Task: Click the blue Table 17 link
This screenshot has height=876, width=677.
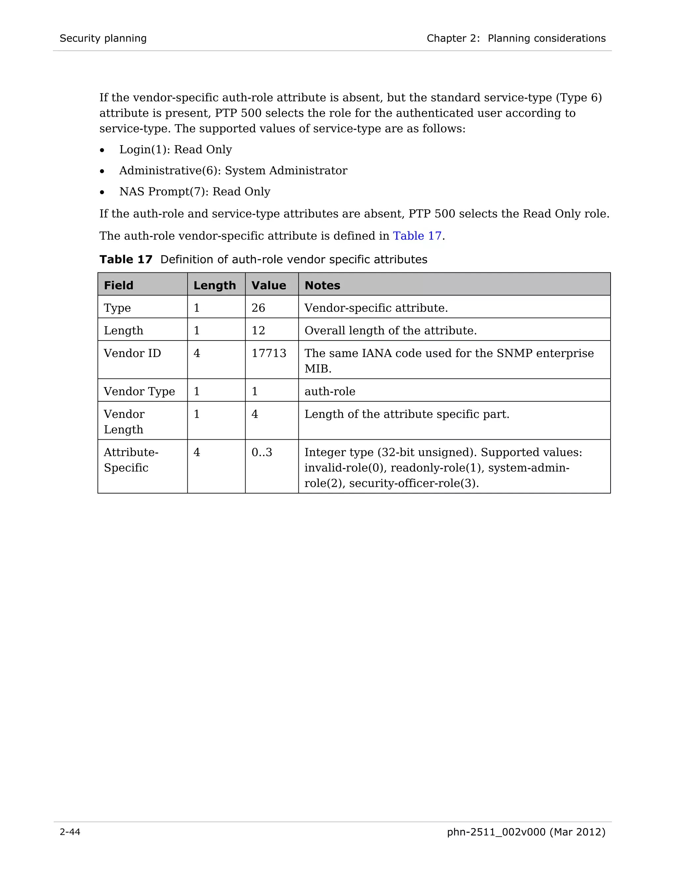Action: point(417,235)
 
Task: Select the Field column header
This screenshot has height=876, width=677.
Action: point(118,285)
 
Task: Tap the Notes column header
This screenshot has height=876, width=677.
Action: point(322,285)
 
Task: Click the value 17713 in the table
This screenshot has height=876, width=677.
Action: point(269,353)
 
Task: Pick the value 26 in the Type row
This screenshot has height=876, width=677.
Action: point(258,308)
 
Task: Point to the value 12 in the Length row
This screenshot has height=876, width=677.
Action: point(258,330)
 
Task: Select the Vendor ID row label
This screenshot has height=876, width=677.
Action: point(132,353)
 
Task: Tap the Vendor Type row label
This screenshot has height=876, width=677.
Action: point(139,391)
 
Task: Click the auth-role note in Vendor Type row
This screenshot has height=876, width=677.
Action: point(330,391)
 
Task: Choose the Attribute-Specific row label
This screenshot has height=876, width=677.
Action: point(131,460)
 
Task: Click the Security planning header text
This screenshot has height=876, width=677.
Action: point(103,38)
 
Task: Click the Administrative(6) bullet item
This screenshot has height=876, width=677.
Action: point(233,171)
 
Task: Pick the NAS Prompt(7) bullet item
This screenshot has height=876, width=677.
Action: point(194,191)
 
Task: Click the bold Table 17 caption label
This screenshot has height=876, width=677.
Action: point(126,259)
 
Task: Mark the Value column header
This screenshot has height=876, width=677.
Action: point(269,285)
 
